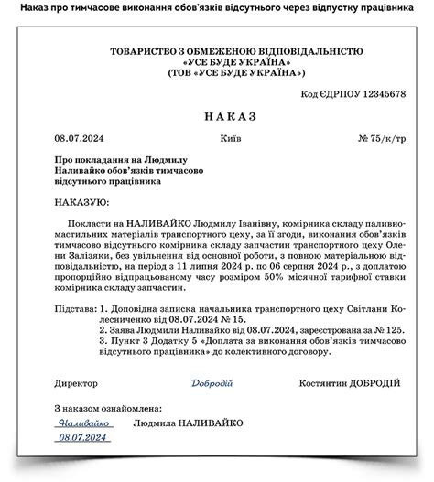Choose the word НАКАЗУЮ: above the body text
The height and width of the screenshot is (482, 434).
coord(80,202)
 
